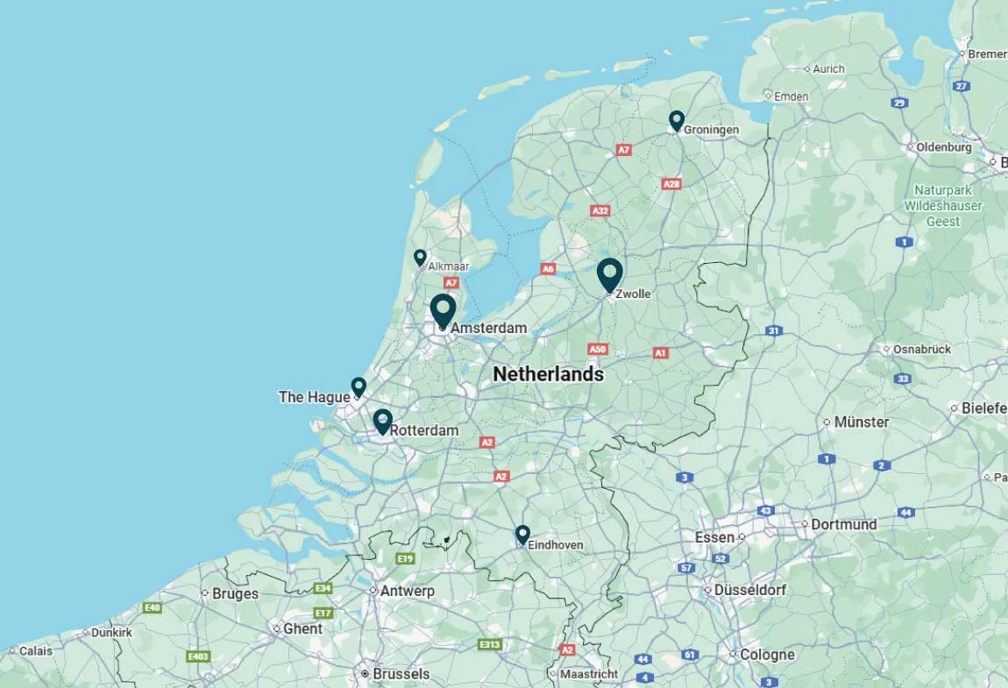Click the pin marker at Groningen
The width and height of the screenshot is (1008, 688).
tap(676, 120)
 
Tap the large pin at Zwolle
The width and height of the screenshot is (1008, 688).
tap(610, 273)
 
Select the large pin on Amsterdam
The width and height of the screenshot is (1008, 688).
tap(443, 310)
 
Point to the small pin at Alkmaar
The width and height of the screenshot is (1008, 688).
tap(420, 257)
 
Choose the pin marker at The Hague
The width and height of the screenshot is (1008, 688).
tap(358, 387)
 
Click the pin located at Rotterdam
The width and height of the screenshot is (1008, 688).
tap(382, 421)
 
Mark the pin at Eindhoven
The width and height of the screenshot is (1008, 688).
tap(522, 533)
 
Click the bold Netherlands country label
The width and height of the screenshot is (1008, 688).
tap(548, 374)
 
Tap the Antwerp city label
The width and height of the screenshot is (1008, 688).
tap(407, 592)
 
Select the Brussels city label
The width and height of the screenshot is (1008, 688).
tap(401, 674)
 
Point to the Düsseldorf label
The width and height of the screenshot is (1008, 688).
tap(749, 590)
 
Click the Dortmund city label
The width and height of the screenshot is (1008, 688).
tap(843, 524)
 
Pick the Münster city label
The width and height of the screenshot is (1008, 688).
tap(861, 422)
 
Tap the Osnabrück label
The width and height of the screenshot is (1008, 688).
tap(921, 349)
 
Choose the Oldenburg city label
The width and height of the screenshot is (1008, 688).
tap(943, 147)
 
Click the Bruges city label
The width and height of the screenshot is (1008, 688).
tap(235, 593)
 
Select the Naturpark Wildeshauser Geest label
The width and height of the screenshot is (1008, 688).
tap(943, 205)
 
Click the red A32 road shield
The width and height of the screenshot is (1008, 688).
tap(600, 211)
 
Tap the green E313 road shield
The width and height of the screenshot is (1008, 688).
tap(489, 645)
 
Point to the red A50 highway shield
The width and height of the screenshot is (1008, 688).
tap(597, 349)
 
